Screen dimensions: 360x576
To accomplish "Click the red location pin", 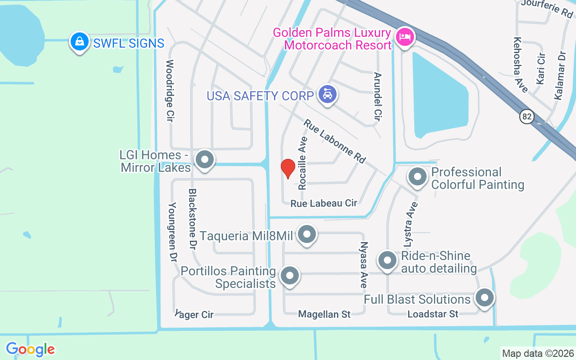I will pos(288,169).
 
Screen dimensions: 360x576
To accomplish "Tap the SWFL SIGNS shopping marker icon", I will pos(80,42).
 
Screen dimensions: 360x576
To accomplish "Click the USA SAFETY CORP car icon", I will pos(327,94).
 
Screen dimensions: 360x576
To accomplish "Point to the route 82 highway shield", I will pos(527,117).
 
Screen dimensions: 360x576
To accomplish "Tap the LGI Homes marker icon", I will pos(205,159).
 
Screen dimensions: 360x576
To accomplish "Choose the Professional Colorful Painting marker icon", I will pos(418,177).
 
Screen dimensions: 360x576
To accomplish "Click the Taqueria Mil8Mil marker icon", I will pos(307,234).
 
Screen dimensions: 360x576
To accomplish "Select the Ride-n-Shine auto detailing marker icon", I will pos(387,260).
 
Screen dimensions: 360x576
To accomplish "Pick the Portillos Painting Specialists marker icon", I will pos(289,275).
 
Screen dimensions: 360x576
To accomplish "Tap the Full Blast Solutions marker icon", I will pos(485,297).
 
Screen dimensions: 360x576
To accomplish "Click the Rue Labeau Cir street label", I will pos(324,203).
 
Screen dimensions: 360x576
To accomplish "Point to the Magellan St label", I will pos(324,314).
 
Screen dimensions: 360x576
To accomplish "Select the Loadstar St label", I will pos(432,314).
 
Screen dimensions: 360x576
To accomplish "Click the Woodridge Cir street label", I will pos(170,91).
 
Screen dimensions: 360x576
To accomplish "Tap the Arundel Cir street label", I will pos(378,97).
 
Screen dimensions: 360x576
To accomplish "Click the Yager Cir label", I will pos(194,314).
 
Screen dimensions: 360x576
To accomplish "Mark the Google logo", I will pos(30,349).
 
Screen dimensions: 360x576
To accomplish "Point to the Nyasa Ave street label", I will pos(363,265).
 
